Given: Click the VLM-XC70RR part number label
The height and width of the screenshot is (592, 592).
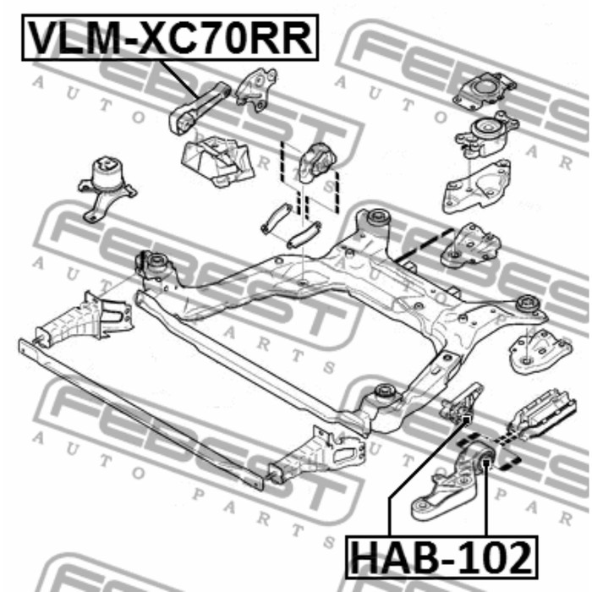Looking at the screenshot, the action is pos(170,38).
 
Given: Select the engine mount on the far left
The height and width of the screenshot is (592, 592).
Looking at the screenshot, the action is pos(107,188).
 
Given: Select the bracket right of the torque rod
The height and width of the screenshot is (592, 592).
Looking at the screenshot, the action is pos(255,90).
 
